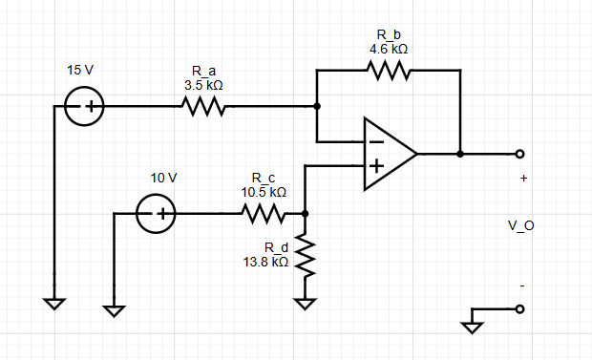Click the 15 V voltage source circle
click(x=85, y=108)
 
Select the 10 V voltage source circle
click(x=155, y=215)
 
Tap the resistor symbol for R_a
click(x=201, y=108)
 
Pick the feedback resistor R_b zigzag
click(x=388, y=72)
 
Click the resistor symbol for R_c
click(x=264, y=215)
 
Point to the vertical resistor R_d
click(x=305, y=256)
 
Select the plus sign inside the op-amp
click(x=376, y=166)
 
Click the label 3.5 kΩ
click(x=203, y=84)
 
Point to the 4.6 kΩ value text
click(x=388, y=48)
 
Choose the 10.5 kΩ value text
click(x=264, y=192)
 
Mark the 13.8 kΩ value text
click(x=266, y=262)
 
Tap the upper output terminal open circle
click(x=519, y=154)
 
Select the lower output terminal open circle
click(x=519, y=308)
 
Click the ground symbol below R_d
click(x=305, y=305)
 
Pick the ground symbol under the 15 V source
click(x=54, y=304)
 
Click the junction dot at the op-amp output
click(x=460, y=154)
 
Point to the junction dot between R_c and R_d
click(x=305, y=215)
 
